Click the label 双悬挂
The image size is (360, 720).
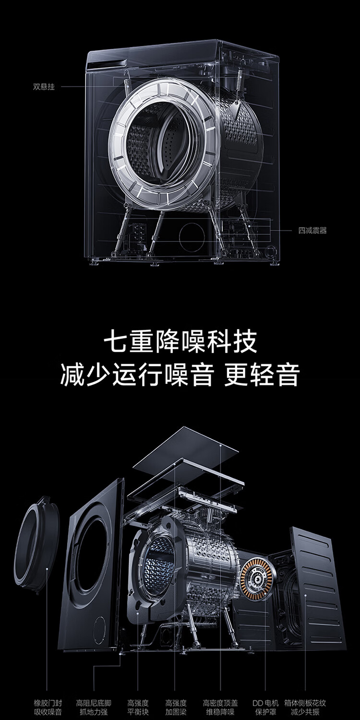coord(44,87)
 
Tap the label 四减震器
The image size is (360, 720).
coord(312,230)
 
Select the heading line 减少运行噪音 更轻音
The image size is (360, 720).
coord(180,375)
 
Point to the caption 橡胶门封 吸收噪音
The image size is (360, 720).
coord(48,708)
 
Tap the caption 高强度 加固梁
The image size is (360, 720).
coord(176,708)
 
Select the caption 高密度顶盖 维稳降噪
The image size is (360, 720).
coord(220,708)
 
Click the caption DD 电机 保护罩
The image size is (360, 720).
coord(265,708)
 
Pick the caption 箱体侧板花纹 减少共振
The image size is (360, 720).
coord(305,708)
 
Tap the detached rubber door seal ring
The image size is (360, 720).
coord(39,545)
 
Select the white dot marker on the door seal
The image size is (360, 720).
coord(48,569)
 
